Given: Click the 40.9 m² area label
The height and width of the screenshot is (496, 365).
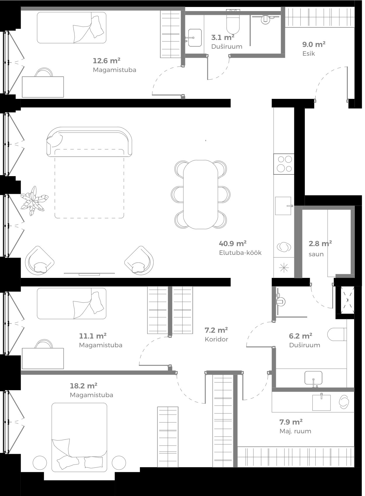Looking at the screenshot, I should [233, 243].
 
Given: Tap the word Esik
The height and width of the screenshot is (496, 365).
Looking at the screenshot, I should [309, 54].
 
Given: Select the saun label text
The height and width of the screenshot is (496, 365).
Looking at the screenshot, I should [316, 254].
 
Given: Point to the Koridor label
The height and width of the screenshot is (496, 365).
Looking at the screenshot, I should [216, 339].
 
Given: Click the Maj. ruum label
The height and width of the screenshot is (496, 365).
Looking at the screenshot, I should [295, 431].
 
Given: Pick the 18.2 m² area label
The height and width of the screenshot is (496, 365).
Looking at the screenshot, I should [84, 386].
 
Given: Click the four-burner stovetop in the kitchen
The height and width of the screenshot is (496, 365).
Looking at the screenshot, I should [284, 164].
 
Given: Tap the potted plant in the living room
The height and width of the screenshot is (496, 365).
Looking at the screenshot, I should [34, 201].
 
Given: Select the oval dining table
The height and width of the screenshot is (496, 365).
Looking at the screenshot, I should [201, 194].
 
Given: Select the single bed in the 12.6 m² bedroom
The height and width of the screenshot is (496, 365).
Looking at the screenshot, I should [72, 28].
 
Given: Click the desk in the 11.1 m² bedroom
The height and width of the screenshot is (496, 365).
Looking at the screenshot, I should [43, 358].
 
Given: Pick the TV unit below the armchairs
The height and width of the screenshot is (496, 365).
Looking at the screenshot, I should [89, 274].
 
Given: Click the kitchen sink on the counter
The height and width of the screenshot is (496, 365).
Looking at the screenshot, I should [283, 206].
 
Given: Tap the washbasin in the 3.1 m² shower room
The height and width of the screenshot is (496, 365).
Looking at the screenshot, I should [195, 38].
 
